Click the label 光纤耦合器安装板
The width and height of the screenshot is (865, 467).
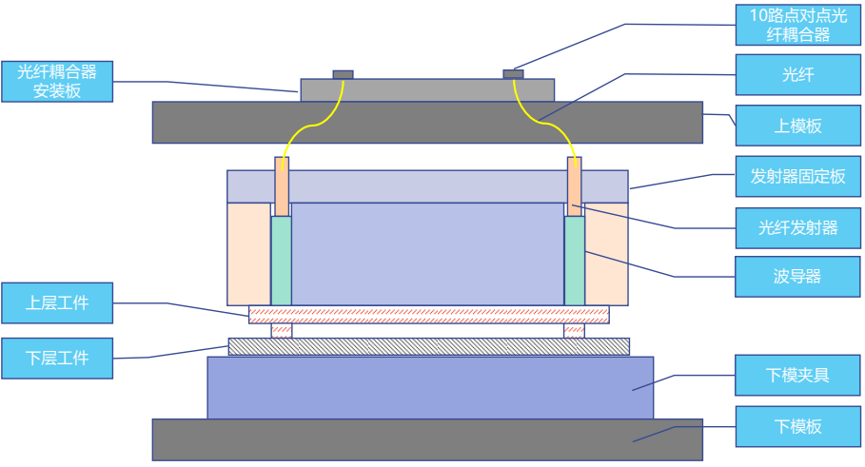(57, 82)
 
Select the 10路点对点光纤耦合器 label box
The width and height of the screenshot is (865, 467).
(797, 25)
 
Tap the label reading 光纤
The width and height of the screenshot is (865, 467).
(797, 73)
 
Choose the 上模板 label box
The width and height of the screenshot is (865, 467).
(797, 126)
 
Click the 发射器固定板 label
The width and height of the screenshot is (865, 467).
(797, 177)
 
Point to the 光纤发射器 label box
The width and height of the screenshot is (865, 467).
(797, 227)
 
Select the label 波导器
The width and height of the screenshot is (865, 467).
(797, 277)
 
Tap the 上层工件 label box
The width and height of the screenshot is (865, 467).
(57, 303)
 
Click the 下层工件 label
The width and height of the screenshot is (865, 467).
(57, 358)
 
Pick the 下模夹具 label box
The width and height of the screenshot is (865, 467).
(797, 375)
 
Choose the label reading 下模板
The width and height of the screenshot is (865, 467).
(797, 426)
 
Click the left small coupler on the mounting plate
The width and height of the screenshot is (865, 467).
(343, 74)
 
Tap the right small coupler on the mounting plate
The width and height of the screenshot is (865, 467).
(513, 74)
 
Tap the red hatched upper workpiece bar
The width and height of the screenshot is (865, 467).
(428, 315)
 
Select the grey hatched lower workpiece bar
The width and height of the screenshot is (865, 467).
(428, 346)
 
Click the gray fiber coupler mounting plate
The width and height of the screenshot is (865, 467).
(428, 90)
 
